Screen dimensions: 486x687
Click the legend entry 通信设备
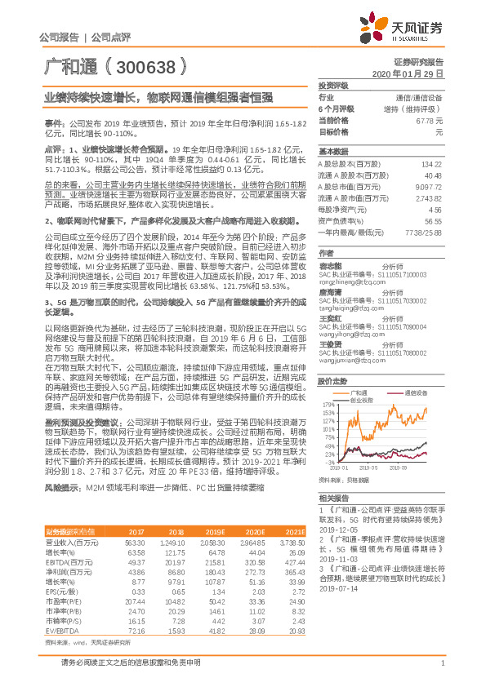click(417, 393)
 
